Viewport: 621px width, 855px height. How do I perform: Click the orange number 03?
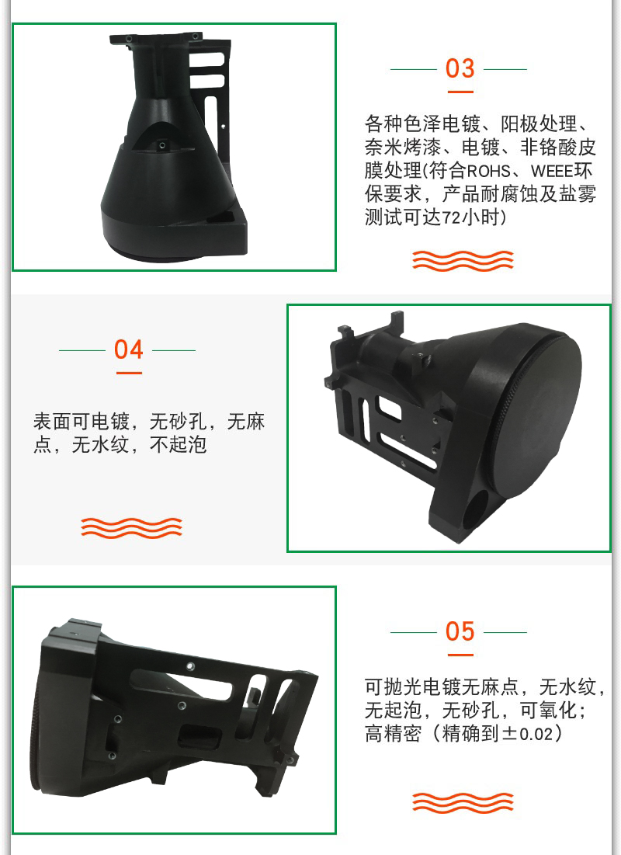coord(460,68)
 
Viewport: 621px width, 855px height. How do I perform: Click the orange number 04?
coord(128,349)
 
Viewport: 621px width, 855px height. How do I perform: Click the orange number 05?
coord(460,631)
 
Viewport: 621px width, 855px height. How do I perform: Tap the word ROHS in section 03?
coord(488,171)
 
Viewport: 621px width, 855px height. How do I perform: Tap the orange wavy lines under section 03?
coord(463,261)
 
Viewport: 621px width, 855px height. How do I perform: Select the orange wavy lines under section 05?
coord(463,802)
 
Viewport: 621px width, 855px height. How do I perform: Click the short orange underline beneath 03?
coord(460,92)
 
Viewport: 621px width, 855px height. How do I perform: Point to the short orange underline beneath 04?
coord(129,373)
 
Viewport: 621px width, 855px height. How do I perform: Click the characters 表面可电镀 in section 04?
coord(82,422)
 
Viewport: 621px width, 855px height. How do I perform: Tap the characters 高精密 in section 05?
coord(393,733)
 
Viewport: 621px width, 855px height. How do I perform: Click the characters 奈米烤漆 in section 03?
coord(403,148)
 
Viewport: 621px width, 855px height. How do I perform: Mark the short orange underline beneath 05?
coord(460,655)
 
